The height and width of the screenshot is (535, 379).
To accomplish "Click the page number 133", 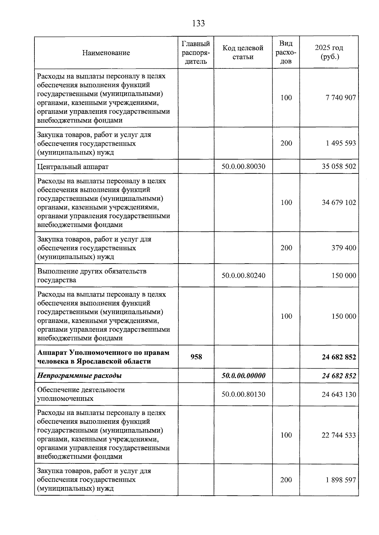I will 198,23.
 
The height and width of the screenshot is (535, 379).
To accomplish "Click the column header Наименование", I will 106,53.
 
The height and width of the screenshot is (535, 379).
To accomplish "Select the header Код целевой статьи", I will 243,52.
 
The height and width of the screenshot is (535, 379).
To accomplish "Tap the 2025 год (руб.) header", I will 329,52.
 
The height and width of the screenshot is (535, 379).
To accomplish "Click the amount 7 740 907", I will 341,98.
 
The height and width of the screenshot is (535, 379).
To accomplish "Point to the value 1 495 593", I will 341,143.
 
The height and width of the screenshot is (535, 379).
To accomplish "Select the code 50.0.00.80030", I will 243,166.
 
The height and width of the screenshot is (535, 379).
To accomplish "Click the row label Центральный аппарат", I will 73,167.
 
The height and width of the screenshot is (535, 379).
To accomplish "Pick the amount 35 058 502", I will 339,166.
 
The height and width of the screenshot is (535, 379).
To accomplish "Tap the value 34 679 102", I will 339,202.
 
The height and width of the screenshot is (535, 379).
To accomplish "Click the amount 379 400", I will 344,248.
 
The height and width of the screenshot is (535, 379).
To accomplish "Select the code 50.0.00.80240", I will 243,276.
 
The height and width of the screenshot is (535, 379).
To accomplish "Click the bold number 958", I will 196,357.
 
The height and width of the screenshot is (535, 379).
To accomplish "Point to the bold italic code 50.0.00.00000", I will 243,376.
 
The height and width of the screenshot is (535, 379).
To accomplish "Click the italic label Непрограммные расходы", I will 80,376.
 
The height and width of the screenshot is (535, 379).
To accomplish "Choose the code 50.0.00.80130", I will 243,394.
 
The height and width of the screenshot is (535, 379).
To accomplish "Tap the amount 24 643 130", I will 339,394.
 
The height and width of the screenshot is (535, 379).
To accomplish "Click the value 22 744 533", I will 339,435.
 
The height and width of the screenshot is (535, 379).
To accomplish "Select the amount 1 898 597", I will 341,480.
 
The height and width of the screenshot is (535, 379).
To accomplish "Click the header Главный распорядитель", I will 196,52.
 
